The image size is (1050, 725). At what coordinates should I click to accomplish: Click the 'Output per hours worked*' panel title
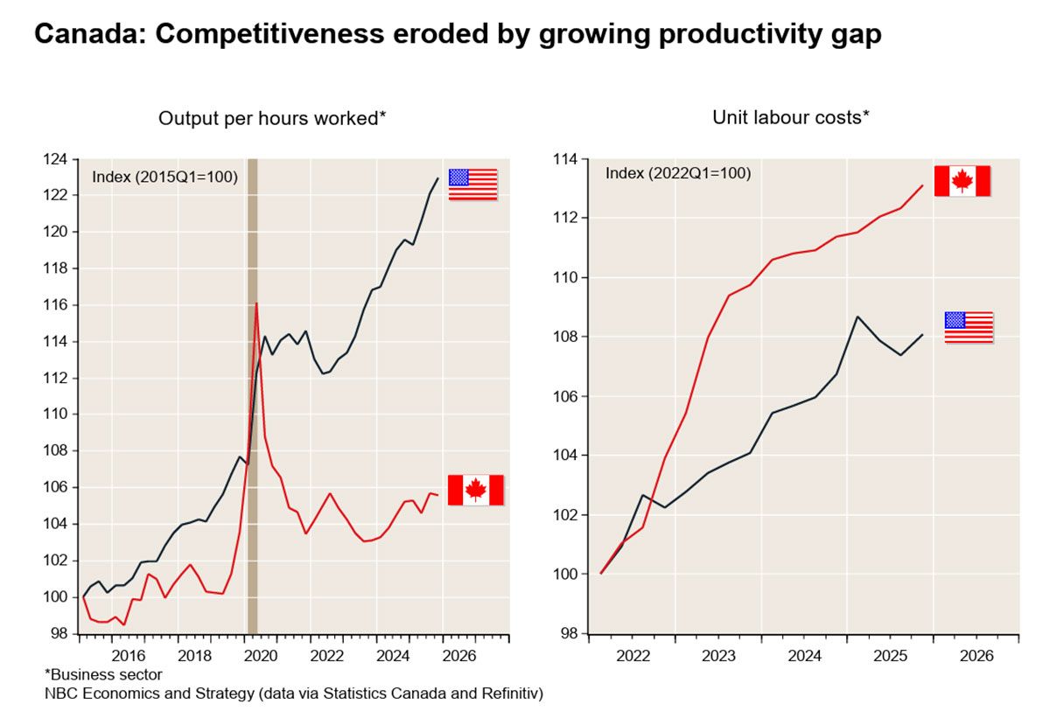tap(272, 118)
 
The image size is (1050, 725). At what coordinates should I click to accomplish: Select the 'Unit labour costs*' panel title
tap(790, 117)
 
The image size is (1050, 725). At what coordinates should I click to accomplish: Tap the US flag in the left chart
tap(472, 185)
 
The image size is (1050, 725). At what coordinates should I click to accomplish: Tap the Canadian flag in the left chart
tap(475, 490)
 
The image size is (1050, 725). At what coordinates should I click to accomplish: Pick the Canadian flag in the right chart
tap(962, 181)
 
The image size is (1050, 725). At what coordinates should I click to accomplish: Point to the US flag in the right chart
tap(969, 327)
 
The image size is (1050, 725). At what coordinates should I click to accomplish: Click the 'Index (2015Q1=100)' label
tap(164, 177)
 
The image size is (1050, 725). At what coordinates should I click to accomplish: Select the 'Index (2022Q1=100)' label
tap(677, 173)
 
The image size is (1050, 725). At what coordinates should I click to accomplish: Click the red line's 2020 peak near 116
tap(256, 303)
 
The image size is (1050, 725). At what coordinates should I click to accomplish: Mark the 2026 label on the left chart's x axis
tap(459, 655)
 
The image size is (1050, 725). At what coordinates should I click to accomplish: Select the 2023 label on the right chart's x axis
tap(717, 655)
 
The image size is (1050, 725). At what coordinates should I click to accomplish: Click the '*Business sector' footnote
tap(103, 674)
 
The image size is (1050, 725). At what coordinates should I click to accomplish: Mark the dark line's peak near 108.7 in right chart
tap(857, 317)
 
